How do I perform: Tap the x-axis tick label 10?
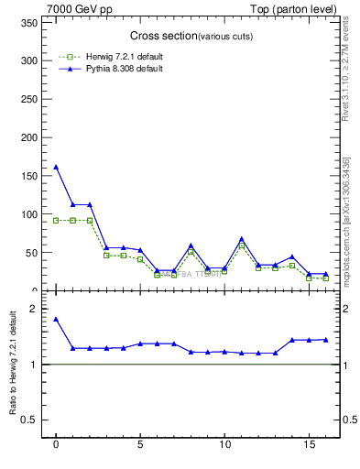(x=224, y=448)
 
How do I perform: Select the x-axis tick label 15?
(x=309, y=448)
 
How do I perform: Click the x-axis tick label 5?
(x=140, y=448)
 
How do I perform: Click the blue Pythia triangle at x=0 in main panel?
(x=56, y=167)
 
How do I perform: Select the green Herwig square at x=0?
(x=56, y=220)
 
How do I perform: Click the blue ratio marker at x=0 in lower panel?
(x=56, y=319)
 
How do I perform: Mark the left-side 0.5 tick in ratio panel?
(x=32, y=420)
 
